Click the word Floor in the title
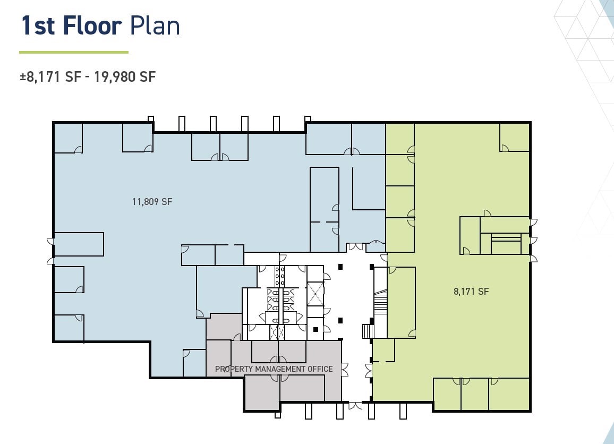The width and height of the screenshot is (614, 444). pyautogui.click(x=92, y=26)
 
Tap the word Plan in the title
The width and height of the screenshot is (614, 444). pyautogui.click(x=155, y=26)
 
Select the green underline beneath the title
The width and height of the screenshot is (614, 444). pyautogui.click(x=74, y=52)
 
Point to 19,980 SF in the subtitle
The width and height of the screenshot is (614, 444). pyautogui.click(x=125, y=76)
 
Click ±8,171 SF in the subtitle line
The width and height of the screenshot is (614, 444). pyautogui.click(x=50, y=76)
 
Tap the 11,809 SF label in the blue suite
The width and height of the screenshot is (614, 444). pyautogui.click(x=152, y=202)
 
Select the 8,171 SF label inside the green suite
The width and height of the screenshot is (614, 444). pyautogui.click(x=471, y=291)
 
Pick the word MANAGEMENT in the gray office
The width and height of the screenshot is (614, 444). pyautogui.click(x=280, y=369)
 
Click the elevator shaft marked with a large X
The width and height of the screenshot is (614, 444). pyautogui.click(x=315, y=294)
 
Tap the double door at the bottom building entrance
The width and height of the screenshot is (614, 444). pyautogui.click(x=355, y=405)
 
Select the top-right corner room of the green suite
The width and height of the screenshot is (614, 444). pyautogui.click(x=515, y=138)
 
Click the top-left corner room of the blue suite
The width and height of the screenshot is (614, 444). pyautogui.click(x=68, y=138)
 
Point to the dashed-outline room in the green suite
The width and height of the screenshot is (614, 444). pyautogui.click(x=383, y=350)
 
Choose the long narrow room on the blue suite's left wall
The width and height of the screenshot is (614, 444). pyautogui.click(x=79, y=244)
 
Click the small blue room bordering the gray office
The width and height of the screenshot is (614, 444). pyautogui.click(x=194, y=363)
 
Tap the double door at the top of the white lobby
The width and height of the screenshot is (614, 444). pyautogui.click(x=356, y=247)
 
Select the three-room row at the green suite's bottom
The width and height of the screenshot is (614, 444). pyautogui.click(x=481, y=394)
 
